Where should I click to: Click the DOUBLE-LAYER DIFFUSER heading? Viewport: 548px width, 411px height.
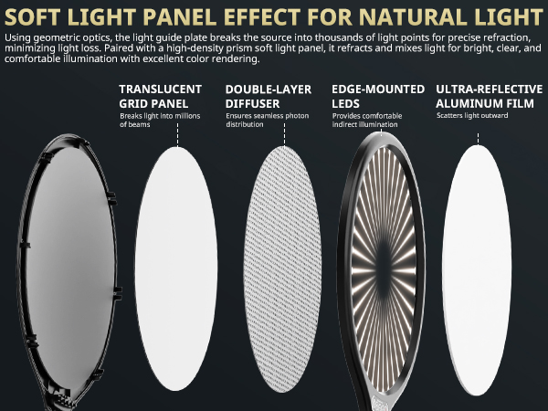tap(268, 97)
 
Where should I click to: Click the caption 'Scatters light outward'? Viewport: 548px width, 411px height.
tap(469, 117)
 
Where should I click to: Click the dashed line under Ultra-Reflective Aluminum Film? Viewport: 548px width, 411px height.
tap(479, 132)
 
